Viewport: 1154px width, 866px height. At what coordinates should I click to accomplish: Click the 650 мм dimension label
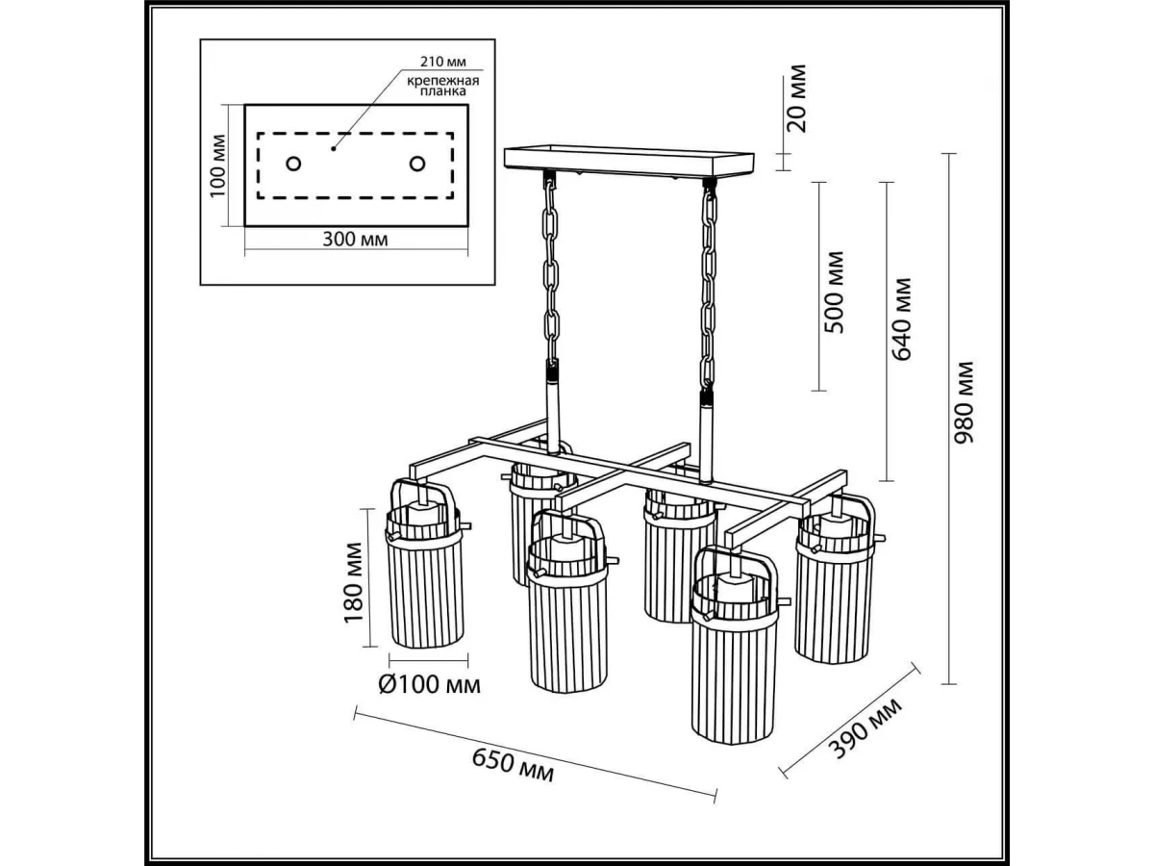point(514,765)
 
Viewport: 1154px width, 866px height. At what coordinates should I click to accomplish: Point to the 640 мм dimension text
point(902,318)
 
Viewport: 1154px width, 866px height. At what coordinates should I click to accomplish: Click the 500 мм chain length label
point(835,292)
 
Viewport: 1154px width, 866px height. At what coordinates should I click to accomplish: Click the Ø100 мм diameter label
point(429,685)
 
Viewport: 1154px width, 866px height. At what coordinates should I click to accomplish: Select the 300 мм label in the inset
point(354,240)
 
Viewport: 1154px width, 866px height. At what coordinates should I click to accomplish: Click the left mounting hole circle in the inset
point(293,164)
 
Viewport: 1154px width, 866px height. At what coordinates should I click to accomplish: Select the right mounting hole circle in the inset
point(416,164)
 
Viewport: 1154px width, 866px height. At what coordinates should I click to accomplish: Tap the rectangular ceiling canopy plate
point(630,161)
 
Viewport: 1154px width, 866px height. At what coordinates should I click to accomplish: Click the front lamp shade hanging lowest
point(733,674)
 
